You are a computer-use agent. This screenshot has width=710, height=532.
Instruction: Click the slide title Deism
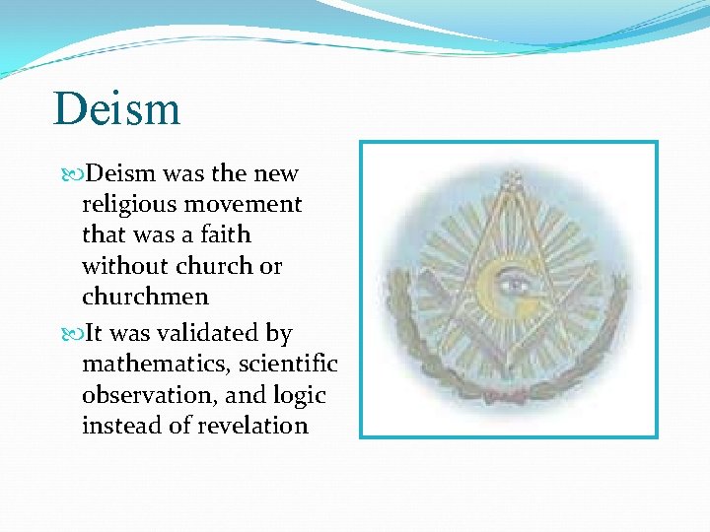[117, 108]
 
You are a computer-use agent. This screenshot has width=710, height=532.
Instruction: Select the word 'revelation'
[252, 426]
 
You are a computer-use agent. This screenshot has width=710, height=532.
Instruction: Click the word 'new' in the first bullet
[276, 174]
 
